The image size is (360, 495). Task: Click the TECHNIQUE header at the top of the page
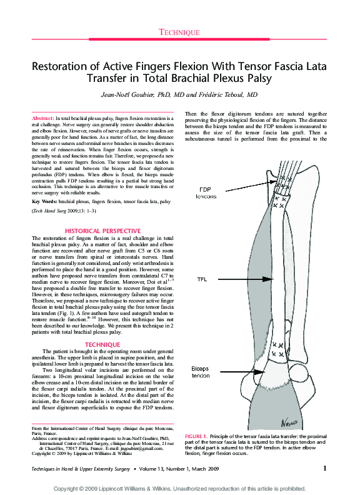[179, 32]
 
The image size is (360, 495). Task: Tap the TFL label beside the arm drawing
[202, 279]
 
